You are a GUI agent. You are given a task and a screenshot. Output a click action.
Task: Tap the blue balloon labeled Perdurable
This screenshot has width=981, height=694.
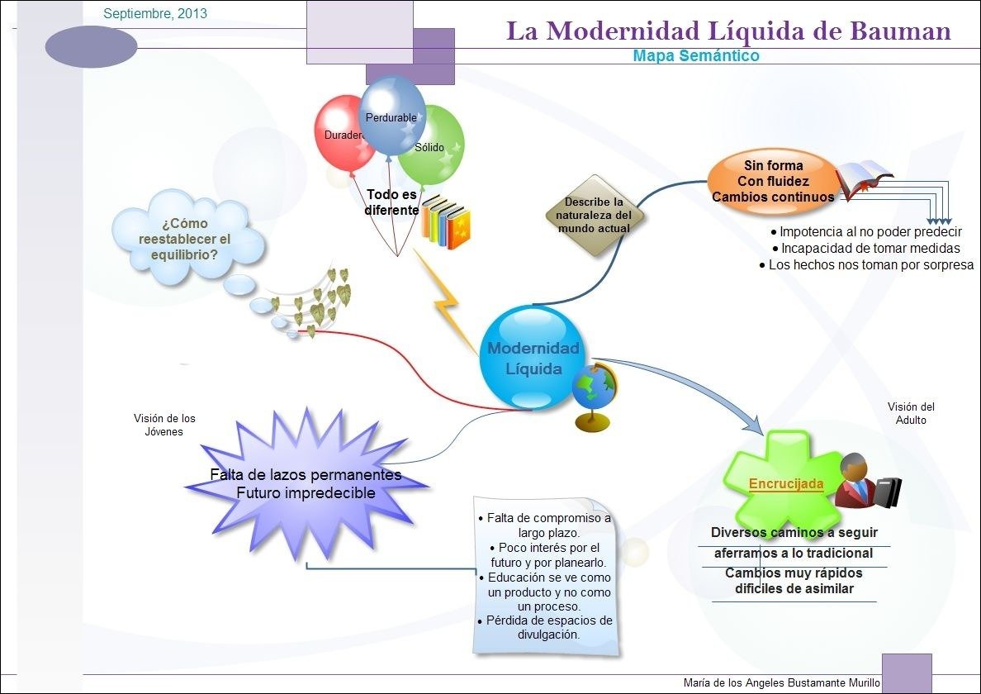pos(392,116)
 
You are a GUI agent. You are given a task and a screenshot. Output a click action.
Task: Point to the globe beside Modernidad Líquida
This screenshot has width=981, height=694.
pos(595,392)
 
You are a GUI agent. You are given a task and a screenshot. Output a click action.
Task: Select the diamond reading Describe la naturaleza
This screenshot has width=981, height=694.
pos(594,215)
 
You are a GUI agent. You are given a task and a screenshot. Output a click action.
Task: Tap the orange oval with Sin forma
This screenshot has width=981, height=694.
pos(773,181)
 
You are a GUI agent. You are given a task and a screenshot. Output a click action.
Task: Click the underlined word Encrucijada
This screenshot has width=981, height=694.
pos(785,484)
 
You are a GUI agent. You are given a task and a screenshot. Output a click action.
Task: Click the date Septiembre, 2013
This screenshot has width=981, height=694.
pos(155,14)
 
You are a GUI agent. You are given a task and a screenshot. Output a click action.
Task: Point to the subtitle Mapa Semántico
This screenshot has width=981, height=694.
pos(695,56)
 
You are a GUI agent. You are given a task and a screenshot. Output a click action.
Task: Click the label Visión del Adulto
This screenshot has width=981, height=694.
pos(911,413)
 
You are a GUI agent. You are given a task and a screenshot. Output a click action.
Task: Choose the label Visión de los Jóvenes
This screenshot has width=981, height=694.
pos(164,425)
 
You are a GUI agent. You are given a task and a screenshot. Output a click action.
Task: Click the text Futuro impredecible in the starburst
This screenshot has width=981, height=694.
pos(306,493)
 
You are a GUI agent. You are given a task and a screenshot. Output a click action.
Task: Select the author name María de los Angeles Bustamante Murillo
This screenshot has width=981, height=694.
pos(781,683)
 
